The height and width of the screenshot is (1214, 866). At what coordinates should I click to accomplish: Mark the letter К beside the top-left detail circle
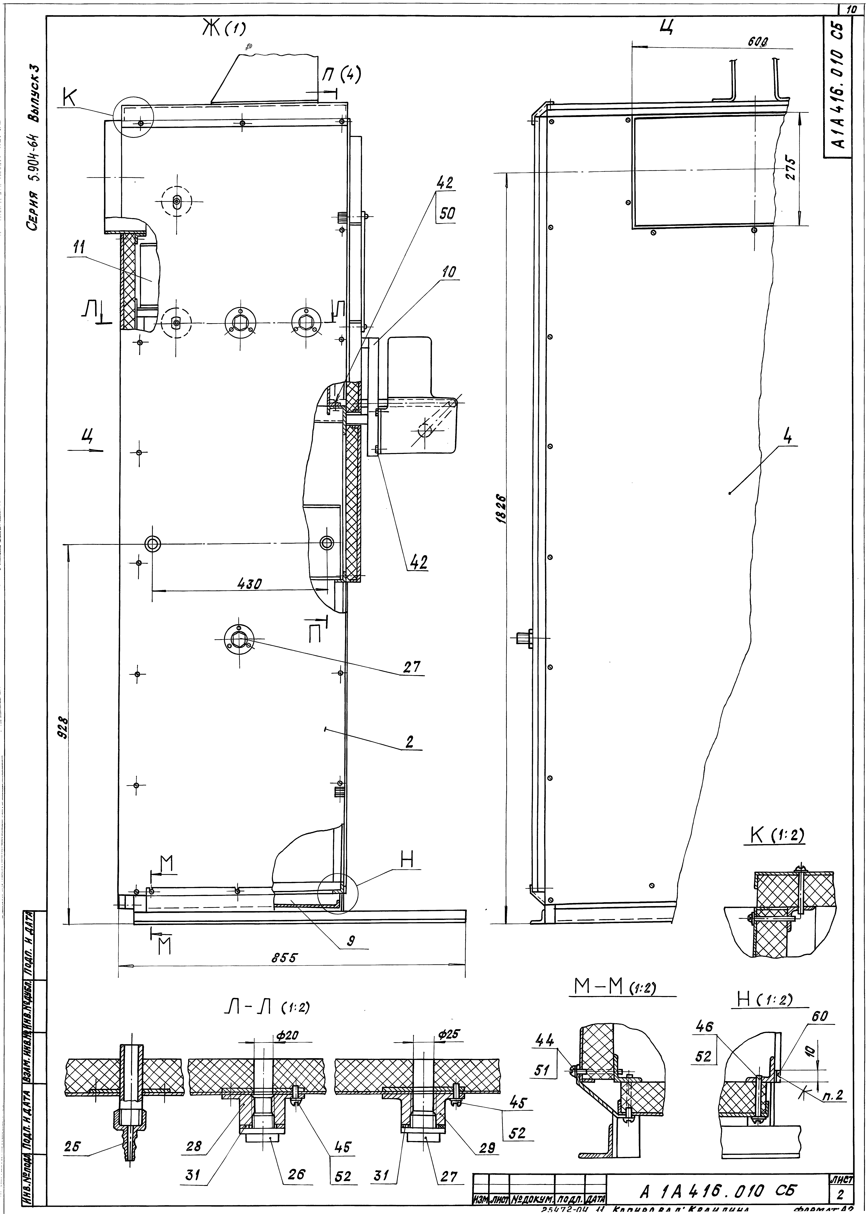click(x=69, y=98)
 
